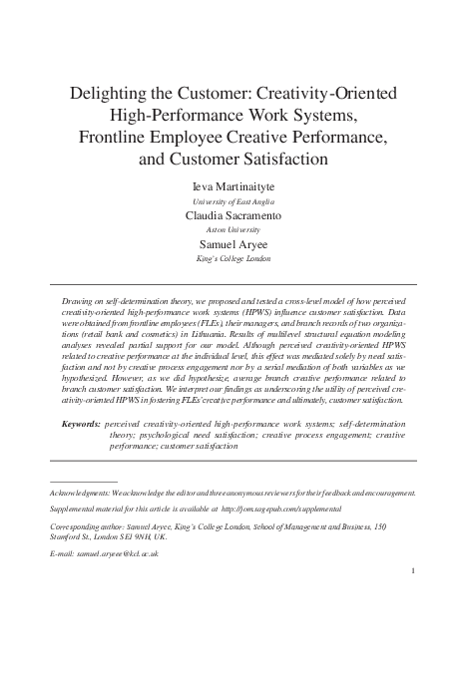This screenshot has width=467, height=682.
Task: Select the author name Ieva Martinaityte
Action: [233, 186]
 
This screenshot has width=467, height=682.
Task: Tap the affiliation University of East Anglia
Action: [233, 200]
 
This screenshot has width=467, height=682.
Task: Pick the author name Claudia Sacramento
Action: [233, 215]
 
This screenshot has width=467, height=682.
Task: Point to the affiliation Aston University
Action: [233, 229]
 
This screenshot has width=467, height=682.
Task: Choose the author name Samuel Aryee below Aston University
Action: [233, 244]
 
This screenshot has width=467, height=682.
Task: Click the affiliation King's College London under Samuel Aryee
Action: [233, 258]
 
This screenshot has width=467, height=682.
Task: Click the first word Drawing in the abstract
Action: [78, 299]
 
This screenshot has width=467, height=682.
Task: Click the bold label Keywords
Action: [80, 424]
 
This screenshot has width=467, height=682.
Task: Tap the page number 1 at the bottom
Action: [412, 570]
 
